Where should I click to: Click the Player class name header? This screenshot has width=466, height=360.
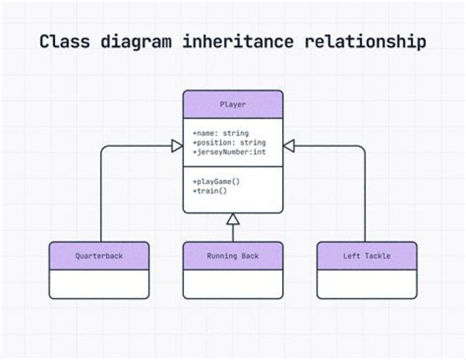(233, 104)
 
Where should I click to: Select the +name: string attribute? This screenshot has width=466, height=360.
(221, 133)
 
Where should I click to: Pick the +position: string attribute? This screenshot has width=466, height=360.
(229, 142)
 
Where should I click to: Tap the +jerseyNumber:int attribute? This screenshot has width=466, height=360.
(229, 152)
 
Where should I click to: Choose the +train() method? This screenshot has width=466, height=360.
(210, 191)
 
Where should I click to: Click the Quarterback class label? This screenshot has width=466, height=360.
(99, 256)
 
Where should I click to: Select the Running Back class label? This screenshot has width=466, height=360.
(233, 256)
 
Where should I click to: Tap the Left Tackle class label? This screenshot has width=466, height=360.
(367, 256)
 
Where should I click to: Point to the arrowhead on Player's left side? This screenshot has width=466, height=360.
(177, 147)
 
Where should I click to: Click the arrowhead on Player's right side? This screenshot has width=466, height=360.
(289, 147)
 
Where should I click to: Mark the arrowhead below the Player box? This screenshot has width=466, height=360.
(233, 219)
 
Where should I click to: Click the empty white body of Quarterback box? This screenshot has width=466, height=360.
(99, 284)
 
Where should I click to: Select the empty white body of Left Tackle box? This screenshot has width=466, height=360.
(367, 284)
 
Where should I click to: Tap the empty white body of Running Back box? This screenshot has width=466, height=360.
(233, 284)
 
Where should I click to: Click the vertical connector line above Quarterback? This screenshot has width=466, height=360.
(101, 194)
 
